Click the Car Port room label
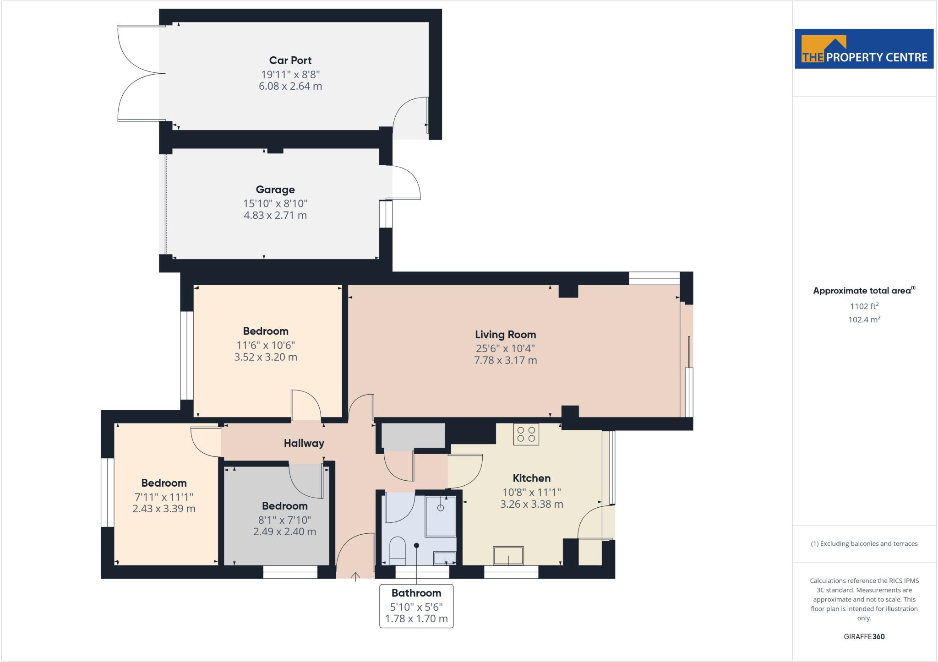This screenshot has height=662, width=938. [x=290, y=60]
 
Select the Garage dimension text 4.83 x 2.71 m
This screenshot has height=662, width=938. [x=275, y=215]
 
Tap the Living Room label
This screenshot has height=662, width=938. [x=505, y=335]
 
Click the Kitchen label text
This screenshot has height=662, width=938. [x=531, y=478]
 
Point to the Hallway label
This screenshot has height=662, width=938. [x=304, y=443]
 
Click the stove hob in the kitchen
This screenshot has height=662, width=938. [x=526, y=434]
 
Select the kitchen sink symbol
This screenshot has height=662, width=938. [x=508, y=555]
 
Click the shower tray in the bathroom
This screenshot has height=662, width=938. [x=441, y=515]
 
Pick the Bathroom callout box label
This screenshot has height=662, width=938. [x=416, y=593]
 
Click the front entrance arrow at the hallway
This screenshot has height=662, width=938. [x=355, y=577]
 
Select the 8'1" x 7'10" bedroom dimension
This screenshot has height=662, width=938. [x=284, y=520]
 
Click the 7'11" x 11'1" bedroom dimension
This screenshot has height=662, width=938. [x=164, y=497]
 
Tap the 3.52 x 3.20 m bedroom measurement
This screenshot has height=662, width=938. [x=266, y=357]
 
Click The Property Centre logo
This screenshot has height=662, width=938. [x=864, y=49]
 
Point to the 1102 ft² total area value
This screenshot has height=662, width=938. [x=864, y=306]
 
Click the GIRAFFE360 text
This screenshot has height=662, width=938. [x=864, y=636]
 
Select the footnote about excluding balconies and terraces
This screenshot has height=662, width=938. [x=864, y=544]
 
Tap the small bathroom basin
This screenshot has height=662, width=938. [x=444, y=557]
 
